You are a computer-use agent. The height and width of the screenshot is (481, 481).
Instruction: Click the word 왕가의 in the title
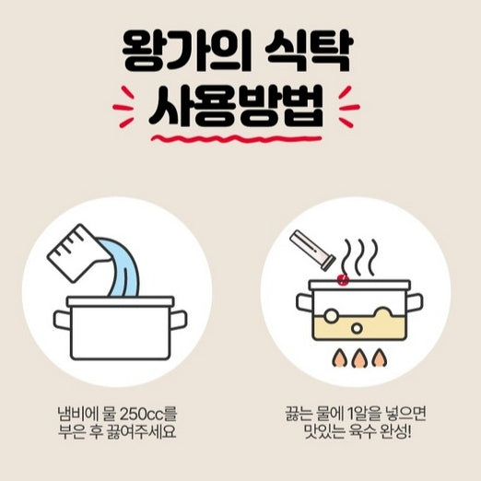pyautogui.click(x=187, y=51)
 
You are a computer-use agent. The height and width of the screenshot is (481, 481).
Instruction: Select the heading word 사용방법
pyautogui.click(x=236, y=106)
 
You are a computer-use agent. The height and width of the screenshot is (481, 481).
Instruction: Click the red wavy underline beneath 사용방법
pyautogui.click(x=236, y=138)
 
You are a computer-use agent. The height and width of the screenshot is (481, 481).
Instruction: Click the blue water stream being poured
pyautogui.click(x=123, y=270)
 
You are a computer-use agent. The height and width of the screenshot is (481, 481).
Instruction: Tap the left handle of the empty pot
pyautogui.click(x=62, y=321)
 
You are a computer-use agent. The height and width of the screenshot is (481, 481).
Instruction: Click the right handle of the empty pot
pyautogui.click(x=178, y=321)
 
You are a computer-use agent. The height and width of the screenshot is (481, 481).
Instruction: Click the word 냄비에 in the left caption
pyautogui.click(x=77, y=415)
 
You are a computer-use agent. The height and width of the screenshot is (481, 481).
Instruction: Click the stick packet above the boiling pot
pyautogui.click(x=312, y=250)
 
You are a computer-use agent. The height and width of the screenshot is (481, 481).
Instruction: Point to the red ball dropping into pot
pyautogui.click(x=343, y=279)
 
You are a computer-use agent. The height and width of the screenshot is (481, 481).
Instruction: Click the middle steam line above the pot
pyautogui.click(x=360, y=257)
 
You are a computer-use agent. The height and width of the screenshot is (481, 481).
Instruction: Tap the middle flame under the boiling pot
pyautogui.click(x=358, y=358)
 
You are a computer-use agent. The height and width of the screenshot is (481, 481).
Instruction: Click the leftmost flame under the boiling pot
pyautogui.click(x=340, y=358)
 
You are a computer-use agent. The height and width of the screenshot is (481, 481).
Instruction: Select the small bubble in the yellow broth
pyautogui.click(x=357, y=329)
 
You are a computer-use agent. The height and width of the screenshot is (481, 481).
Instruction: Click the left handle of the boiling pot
pyautogui.click(x=305, y=302)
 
